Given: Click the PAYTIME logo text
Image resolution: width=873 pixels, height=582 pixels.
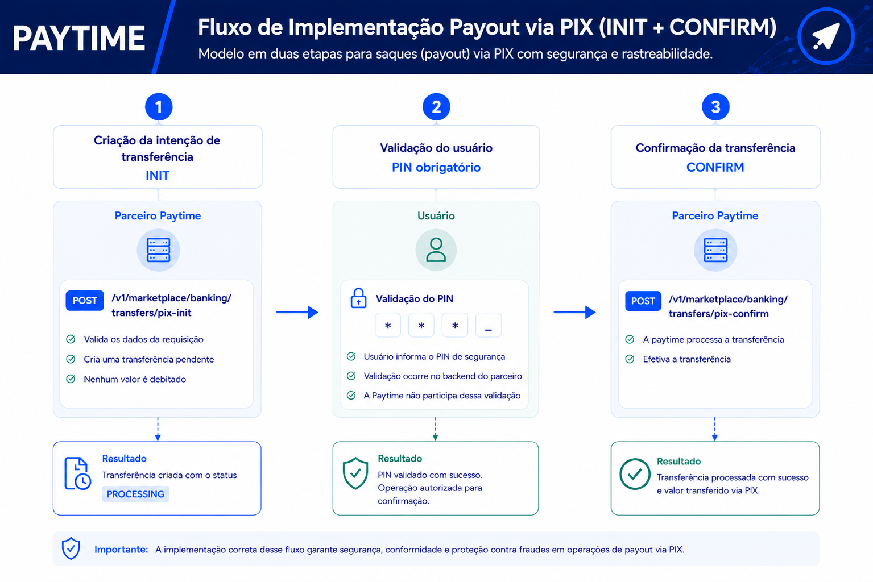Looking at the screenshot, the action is (x=78, y=38).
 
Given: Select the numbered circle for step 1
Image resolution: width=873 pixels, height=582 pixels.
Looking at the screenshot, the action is (x=159, y=107).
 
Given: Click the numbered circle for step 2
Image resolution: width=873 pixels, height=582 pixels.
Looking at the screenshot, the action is (x=436, y=107).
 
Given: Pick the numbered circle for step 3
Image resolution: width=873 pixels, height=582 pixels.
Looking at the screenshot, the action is (x=715, y=107).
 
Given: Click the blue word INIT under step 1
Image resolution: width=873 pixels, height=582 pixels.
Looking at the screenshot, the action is (x=158, y=176).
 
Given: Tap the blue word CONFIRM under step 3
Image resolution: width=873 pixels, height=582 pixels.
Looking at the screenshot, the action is (x=715, y=167).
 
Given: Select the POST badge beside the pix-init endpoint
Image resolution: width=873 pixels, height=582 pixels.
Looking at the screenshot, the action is (x=85, y=300).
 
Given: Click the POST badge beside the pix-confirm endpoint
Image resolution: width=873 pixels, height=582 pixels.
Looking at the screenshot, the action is (x=643, y=301).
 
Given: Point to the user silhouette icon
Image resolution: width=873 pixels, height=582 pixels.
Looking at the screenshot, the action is (x=436, y=250).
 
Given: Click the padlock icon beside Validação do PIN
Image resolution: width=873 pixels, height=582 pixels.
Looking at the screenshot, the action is (x=358, y=298).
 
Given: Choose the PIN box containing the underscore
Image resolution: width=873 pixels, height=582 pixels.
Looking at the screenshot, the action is (x=489, y=325).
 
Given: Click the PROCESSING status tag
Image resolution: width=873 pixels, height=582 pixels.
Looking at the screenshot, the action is (x=135, y=494).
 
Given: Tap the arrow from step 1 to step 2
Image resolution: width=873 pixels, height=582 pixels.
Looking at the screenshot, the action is (x=297, y=312).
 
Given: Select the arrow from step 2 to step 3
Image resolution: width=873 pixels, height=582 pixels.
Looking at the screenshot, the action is (x=574, y=312).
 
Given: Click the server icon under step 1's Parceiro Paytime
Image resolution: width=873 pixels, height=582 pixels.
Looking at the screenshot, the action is (x=158, y=250).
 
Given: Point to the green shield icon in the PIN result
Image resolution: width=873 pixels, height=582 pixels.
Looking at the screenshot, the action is (x=355, y=473).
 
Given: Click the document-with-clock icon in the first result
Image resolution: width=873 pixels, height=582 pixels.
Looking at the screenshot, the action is (x=77, y=473).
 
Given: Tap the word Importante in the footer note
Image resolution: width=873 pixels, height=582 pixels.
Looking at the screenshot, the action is (x=121, y=549).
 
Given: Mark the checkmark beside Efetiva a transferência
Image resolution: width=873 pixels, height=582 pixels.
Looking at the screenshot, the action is (x=630, y=359).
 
